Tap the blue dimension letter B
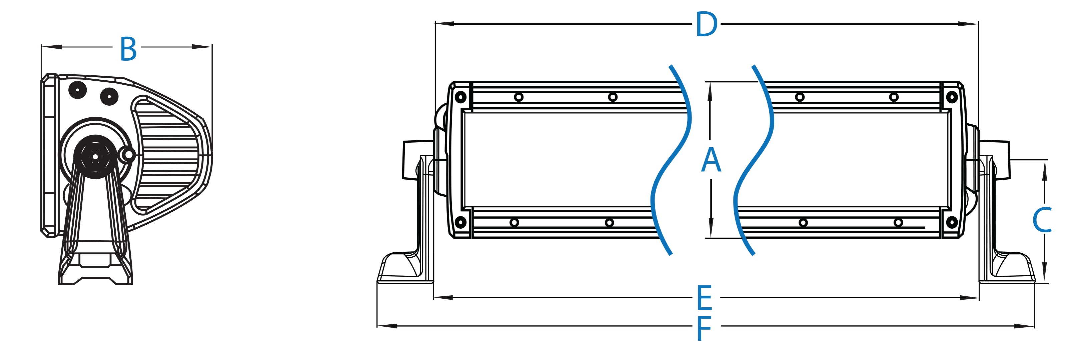(128, 49)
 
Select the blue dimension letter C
(1042, 220)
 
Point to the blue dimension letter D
(706, 24)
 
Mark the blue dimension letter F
(704, 328)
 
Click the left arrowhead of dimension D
(444, 24)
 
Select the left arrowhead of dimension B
(51, 47)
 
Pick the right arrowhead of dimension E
(969, 297)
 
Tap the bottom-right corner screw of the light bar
(952, 222)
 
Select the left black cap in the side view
(77, 90)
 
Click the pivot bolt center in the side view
(95, 157)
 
